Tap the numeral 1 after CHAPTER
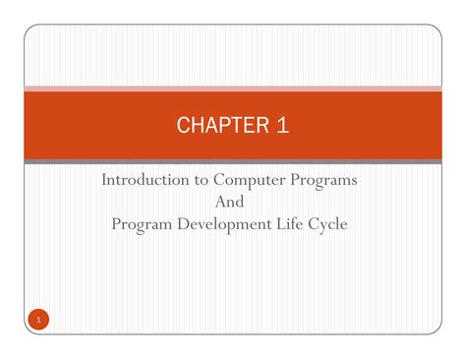click(282, 125)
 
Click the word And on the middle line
click(233, 202)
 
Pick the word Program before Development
click(144, 223)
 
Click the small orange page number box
click(36, 320)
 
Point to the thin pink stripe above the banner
click(233, 87)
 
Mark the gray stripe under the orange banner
click(233, 160)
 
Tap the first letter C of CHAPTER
click(183, 125)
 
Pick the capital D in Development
click(187, 223)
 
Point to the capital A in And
click(220, 202)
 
